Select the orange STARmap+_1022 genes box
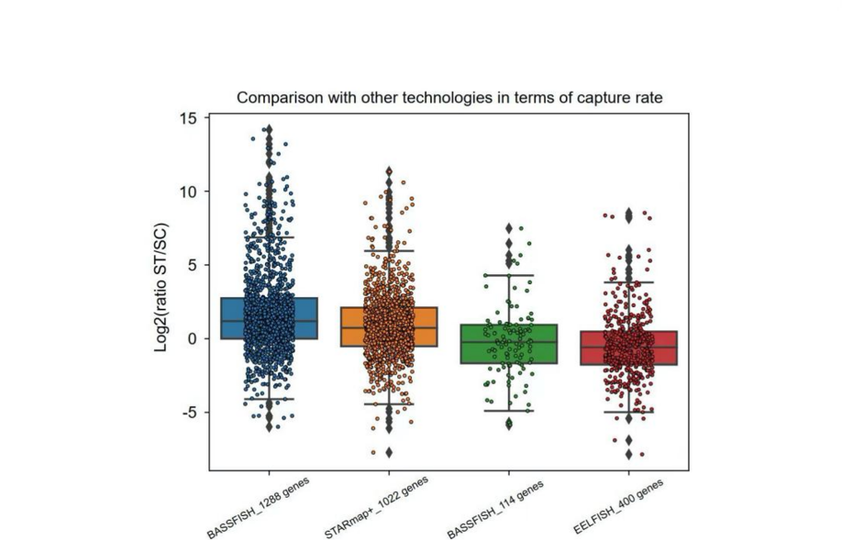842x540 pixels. [389, 326]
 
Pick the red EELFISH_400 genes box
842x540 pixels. [628, 347]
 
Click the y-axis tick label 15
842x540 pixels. [189, 118]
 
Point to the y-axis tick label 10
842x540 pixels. [189, 192]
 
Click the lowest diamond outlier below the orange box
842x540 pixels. [389, 452]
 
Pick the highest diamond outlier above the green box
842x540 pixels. [509, 228]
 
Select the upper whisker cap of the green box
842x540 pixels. [509, 275]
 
